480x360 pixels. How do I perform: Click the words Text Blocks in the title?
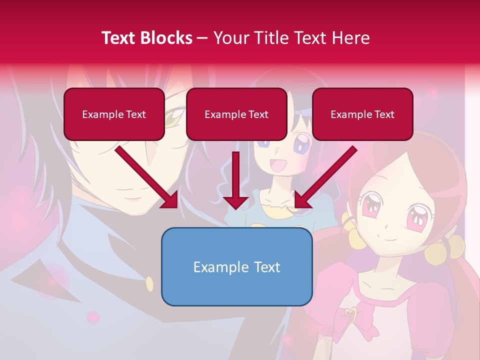click(x=147, y=38)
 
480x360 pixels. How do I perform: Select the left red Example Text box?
click(x=114, y=114)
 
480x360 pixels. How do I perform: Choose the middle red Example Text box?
click(x=236, y=114)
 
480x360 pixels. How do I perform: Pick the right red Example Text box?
click(x=362, y=114)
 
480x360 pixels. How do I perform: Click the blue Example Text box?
click(x=236, y=267)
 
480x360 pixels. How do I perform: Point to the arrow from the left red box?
click(x=146, y=177)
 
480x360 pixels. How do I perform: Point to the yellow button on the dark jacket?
click(x=149, y=284)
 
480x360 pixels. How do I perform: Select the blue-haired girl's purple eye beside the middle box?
click(x=301, y=146)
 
